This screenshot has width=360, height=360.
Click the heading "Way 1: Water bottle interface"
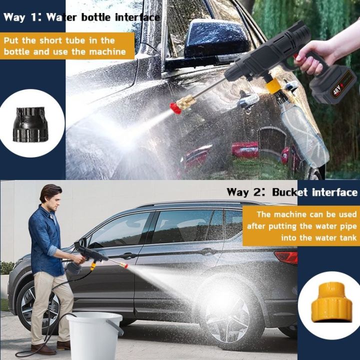(x=81, y=17)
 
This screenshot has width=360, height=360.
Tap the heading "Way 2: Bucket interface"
(x=292, y=192)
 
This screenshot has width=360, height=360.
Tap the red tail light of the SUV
(x=286, y=257)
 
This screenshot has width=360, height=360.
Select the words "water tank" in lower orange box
(x=330, y=238)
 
